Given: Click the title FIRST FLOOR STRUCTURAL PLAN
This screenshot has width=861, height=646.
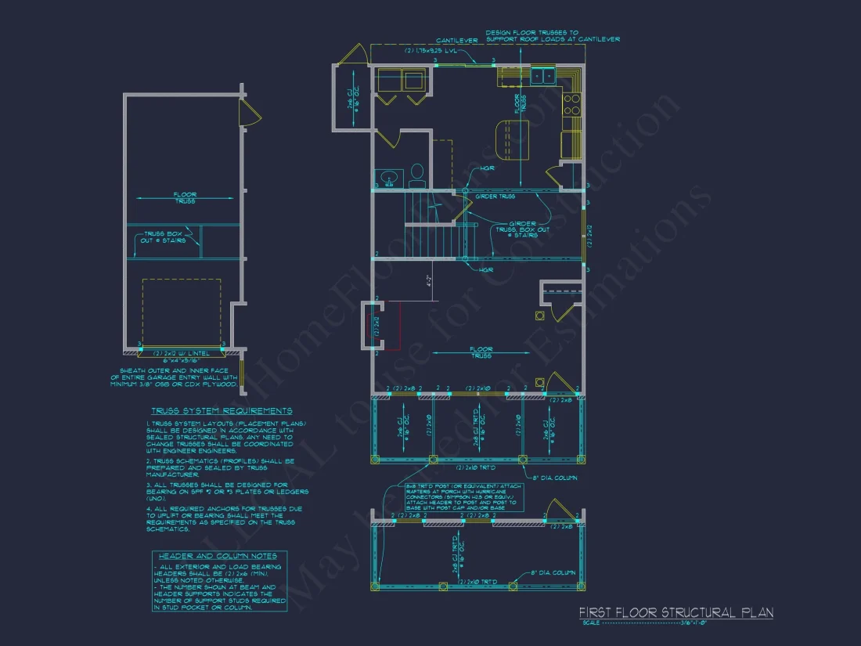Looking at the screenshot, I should (675, 612).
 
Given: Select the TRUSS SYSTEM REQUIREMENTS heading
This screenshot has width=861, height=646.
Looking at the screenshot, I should (222, 410).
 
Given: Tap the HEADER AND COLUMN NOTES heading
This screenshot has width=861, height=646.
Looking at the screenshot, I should (219, 556).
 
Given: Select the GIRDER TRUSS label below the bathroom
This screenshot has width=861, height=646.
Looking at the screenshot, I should (495, 197).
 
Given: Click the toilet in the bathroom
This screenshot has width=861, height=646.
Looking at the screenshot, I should (416, 171).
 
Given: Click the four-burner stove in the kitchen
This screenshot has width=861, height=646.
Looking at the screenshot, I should (572, 105).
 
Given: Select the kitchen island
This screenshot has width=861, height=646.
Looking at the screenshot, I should (513, 139).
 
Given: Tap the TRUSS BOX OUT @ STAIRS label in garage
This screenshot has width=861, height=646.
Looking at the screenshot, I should (164, 237).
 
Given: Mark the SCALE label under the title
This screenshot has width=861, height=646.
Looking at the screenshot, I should (592, 623).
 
